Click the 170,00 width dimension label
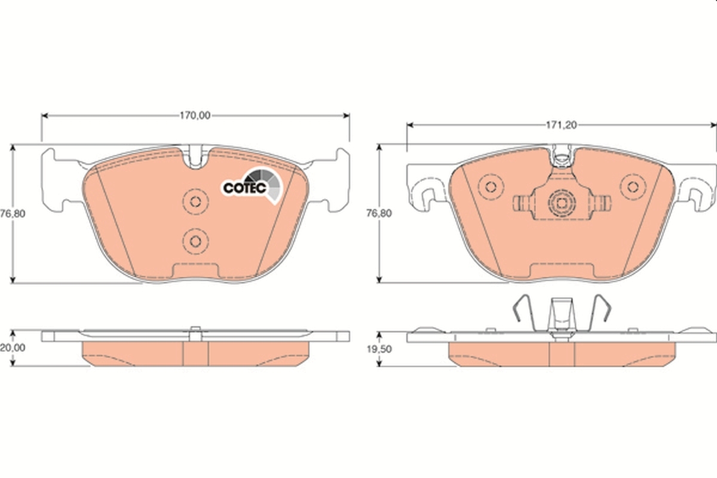(x=195, y=116)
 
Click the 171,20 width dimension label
(x=560, y=125)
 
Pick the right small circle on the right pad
(x=632, y=186)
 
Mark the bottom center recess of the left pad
(x=195, y=272)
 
